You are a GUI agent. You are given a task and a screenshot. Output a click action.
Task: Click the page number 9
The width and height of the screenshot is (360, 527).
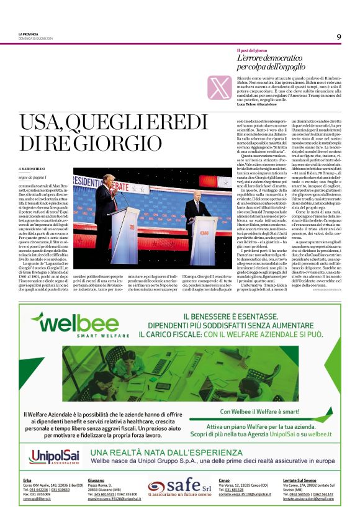338,36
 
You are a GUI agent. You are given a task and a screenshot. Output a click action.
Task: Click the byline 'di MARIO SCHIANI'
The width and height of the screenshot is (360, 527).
34,169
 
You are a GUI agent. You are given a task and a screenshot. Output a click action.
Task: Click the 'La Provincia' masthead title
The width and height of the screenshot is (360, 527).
29,34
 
